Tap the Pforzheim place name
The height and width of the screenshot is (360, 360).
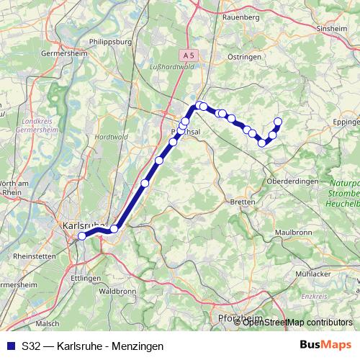237,317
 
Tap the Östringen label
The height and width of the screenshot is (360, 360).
243,56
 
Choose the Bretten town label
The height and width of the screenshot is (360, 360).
243,202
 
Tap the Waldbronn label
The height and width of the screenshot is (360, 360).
116,291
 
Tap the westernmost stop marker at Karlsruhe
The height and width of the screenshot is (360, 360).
82,235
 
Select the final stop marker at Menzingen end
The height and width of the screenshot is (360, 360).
278,121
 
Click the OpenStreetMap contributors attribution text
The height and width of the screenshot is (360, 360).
298,322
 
